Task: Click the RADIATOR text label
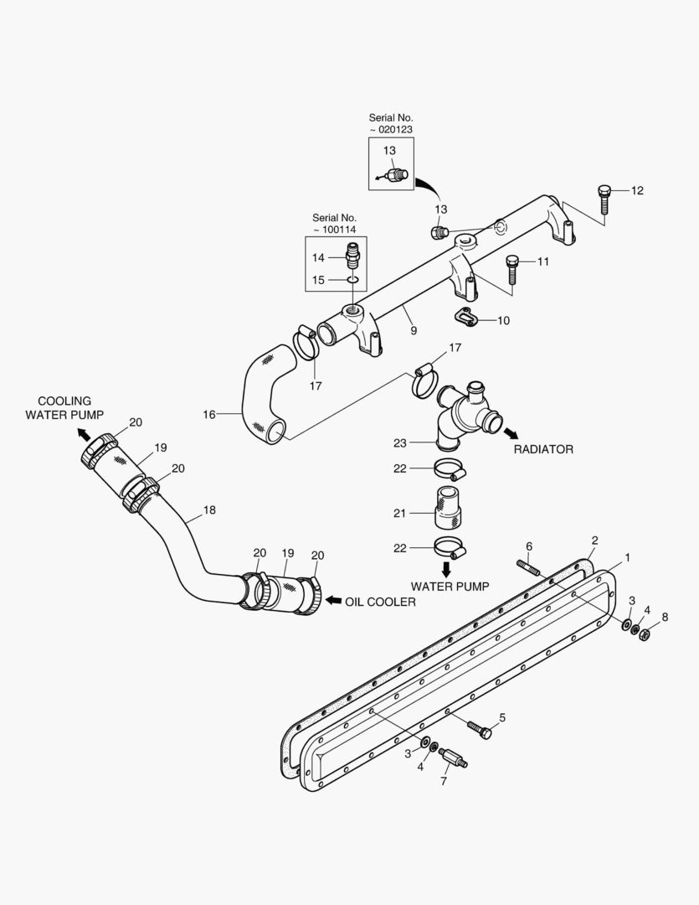point(543,449)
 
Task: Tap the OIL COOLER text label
point(380,602)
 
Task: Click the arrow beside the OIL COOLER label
point(332,601)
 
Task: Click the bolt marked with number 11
point(512,269)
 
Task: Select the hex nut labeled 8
point(644,634)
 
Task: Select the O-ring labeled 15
point(353,280)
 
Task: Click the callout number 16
point(209,414)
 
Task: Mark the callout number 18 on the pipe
point(209,509)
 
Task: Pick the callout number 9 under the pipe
point(413,331)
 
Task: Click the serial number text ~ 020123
point(391,130)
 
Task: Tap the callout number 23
point(400,442)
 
